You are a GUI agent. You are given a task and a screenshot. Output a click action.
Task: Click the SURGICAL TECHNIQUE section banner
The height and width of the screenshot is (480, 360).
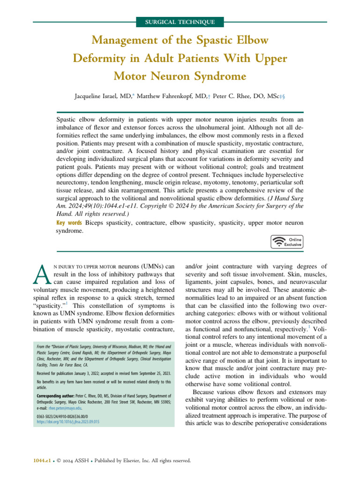(180, 22)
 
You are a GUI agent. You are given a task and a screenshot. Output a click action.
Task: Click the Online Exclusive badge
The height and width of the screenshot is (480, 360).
(287, 241)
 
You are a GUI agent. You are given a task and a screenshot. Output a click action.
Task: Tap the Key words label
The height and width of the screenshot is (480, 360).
(69, 222)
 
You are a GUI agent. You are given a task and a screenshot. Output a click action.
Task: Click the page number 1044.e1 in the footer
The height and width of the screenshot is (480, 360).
(40, 461)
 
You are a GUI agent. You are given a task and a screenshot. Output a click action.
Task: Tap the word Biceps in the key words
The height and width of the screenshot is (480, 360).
(96, 222)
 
